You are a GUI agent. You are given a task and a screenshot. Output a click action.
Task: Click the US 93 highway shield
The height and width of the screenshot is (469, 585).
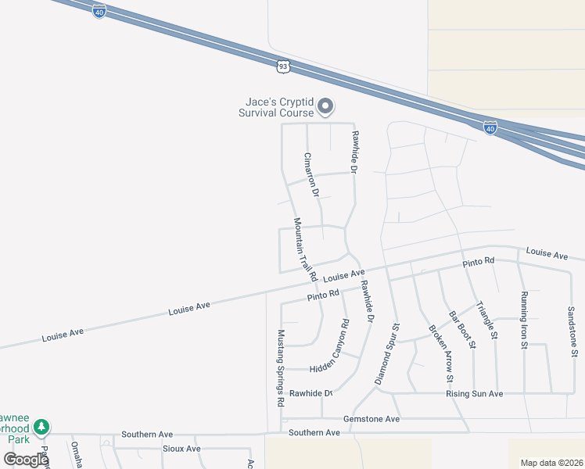click(283, 67)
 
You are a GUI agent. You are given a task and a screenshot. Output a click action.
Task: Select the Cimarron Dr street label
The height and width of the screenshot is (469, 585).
click(312, 174)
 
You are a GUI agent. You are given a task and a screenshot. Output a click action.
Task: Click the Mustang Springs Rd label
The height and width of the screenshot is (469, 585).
click(280, 367)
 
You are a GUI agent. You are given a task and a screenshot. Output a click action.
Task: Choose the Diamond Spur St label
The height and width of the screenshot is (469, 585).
click(387, 353)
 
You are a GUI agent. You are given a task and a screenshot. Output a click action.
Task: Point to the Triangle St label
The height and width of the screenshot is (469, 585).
click(486, 320)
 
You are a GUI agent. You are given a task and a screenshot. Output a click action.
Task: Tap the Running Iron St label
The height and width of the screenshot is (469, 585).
click(524, 320)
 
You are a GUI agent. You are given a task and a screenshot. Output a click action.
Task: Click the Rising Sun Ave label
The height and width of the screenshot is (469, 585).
click(475, 394)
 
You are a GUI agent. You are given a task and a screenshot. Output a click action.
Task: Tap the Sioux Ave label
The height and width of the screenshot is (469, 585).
click(181, 449)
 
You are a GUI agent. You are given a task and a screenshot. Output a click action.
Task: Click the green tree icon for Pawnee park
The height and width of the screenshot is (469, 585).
click(42, 427)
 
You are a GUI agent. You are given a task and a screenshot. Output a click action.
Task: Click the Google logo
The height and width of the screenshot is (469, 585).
click(26, 460)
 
